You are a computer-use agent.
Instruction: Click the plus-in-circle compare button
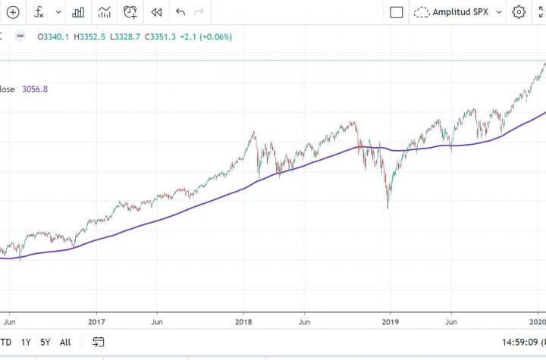click(13, 12)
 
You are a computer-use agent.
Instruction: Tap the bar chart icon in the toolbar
click(77, 12)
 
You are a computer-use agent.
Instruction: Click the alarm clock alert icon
click(130, 12)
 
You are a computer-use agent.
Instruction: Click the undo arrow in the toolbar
click(180, 12)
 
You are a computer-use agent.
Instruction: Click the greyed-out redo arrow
click(200, 12)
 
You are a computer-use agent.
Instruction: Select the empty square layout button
click(396, 12)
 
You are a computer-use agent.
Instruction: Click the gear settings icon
click(519, 12)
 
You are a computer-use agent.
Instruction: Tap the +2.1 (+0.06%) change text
click(204, 37)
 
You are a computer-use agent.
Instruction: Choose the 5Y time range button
click(46, 341)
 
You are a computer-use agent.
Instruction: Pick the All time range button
click(66, 341)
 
